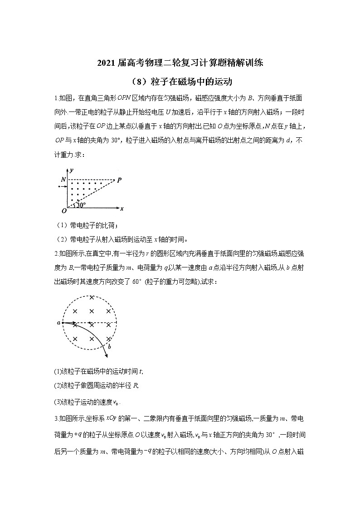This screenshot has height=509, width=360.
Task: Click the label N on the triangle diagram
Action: pyautogui.click(x=63, y=180)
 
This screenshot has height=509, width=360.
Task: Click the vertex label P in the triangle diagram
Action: pyautogui.click(x=119, y=179)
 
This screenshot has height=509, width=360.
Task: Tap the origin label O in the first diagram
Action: pyautogui.click(x=64, y=211)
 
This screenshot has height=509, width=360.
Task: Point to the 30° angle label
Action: pyautogui.click(x=80, y=205)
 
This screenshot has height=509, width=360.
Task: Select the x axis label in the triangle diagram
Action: pyautogui.click(x=122, y=209)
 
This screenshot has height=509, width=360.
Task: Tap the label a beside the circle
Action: pyautogui.click(x=58, y=323)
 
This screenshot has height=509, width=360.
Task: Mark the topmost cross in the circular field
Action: pyautogui.click(x=92, y=297)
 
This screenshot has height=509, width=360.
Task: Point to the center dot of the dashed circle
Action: pyautogui.click(x=91, y=323)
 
